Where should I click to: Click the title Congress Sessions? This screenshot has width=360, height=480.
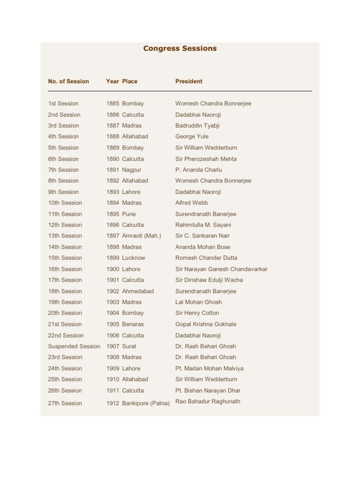180,48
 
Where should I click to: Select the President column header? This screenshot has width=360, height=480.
189,81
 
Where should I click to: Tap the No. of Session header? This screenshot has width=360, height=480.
68,81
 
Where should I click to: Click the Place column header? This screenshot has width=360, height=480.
130,81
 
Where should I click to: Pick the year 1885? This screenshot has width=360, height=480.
112,104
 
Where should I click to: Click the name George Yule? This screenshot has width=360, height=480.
192,136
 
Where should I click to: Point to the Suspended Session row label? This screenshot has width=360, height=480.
74,346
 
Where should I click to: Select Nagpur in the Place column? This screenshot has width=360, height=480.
132,170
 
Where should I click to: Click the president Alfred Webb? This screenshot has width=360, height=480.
191,203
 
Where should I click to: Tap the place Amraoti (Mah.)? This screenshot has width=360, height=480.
142,236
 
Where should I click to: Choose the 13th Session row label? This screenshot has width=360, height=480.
65,236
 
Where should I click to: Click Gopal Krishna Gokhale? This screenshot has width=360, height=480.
206,324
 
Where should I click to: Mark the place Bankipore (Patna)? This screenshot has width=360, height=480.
146,403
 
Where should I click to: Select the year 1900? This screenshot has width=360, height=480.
112,269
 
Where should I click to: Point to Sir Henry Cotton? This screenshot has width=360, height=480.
197,313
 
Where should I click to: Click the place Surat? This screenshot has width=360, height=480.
129,346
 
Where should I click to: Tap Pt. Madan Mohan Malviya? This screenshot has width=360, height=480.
209,368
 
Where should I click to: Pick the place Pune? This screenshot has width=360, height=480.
129,214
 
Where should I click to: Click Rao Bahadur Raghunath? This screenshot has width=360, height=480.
208,401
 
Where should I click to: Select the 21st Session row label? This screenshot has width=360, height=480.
65,324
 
